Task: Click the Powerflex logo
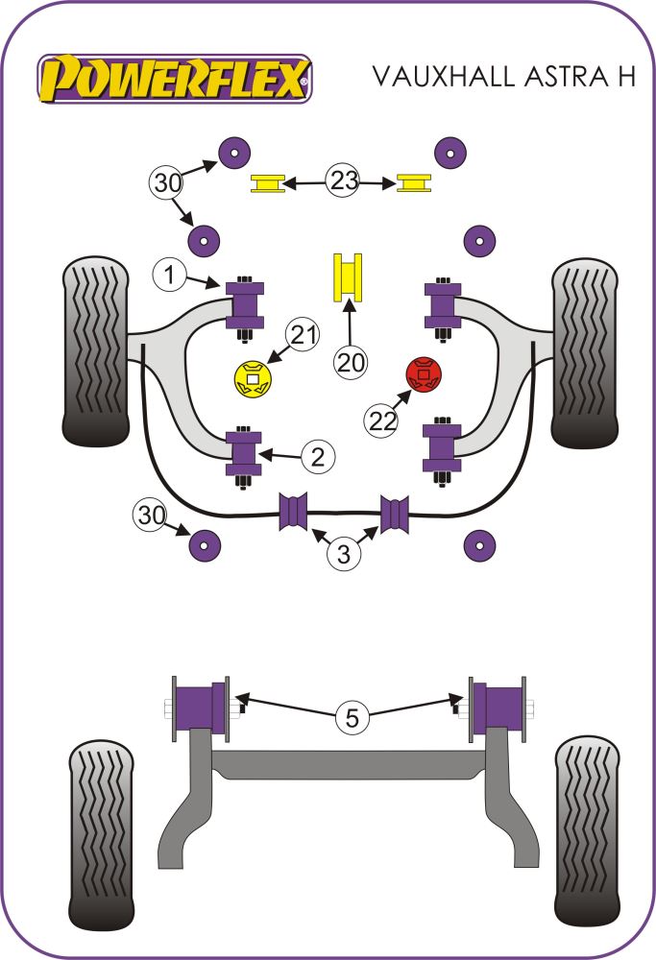coord(174,76)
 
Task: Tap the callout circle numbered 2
coord(317,458)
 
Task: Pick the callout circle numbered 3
coord(343,554)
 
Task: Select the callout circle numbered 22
coord(383,420)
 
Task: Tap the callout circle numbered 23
coord(342,180)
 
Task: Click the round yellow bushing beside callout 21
coord(254,378)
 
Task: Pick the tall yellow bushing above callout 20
coord(349,276)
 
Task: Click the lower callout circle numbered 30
coord(150,516)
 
